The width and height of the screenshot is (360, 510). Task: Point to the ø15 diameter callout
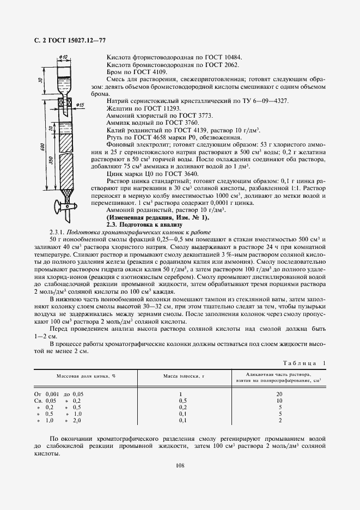click(80, 105)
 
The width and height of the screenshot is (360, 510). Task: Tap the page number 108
click(180, 465)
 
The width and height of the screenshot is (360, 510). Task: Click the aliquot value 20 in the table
click(279, 393)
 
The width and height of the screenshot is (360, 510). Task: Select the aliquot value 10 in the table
click(279, 400)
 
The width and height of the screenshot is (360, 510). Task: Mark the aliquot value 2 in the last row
click(279, 421)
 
